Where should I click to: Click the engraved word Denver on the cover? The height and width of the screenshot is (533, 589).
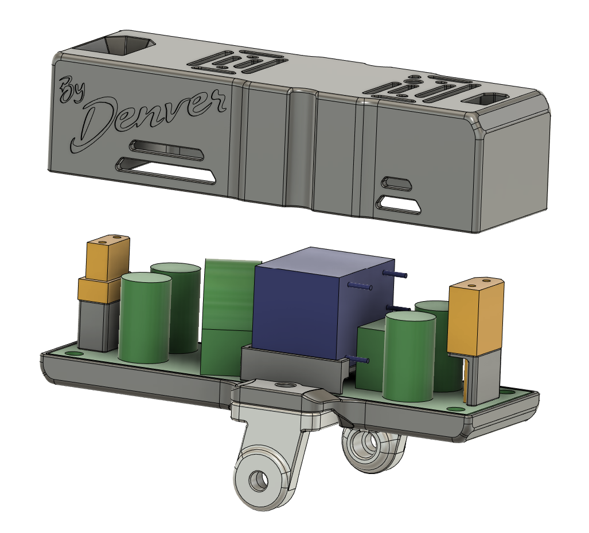tap(149, 118)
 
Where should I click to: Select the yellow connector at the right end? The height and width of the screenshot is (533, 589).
tap(475, 315)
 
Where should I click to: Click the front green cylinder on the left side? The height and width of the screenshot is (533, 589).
tap(145, 318)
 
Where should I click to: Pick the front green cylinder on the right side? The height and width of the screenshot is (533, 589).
tap(409, 356)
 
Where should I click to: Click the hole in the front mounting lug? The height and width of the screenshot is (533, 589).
tap(259, 479)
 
